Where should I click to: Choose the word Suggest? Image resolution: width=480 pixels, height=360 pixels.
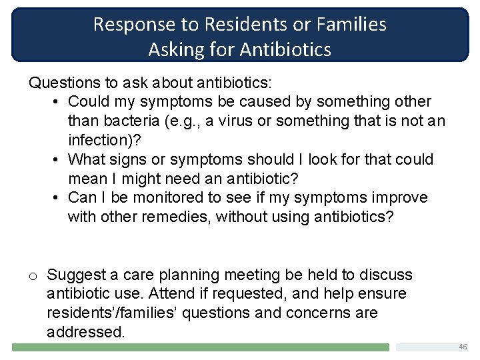pyautogui.click(x=75, y=275)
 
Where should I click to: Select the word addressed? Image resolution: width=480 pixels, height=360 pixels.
pyautogui.click(x=85, y=332)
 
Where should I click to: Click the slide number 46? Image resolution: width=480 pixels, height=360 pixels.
pyautogui.click(x=463, y=347)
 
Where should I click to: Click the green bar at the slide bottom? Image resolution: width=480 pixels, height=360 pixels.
pyautogui.click(x=201, y=347)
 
